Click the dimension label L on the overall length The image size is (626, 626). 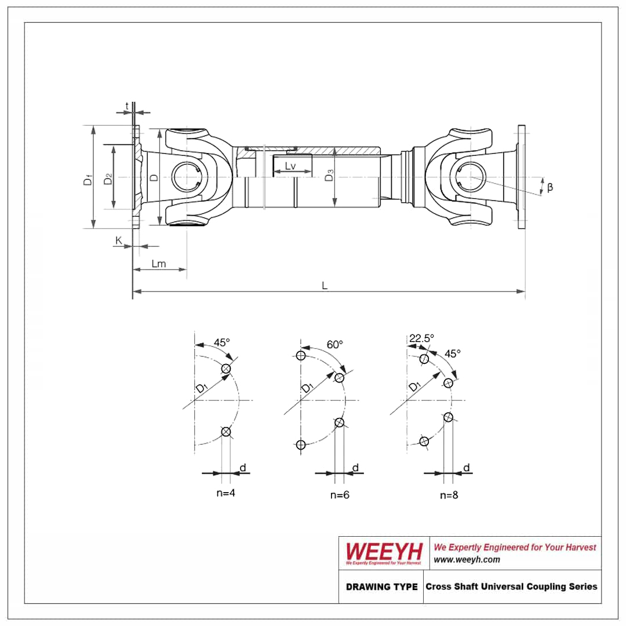tap(325, 285)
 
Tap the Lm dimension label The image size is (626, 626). tap(158, 264)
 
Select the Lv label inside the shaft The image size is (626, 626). tap(290, 167)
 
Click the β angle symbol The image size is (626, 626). tap(549, 187)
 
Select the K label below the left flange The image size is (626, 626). tap(119, 240)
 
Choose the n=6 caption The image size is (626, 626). tap(340, 494)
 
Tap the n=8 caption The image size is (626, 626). tap(449, 494)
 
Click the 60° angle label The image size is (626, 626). tap(334, 344)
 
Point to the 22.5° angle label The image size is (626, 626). tap(421, 338)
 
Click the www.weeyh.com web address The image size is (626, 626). tap(467, 559)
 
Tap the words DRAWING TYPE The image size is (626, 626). tap(381, 587)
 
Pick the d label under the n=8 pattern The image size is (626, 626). tap(466, 468)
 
